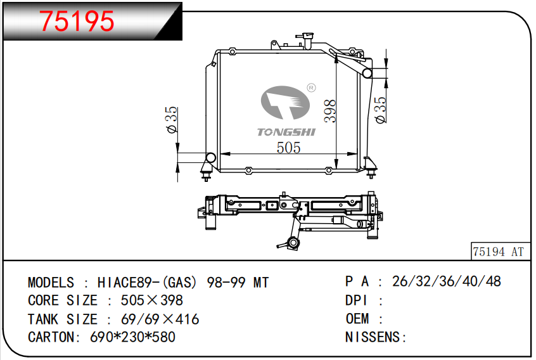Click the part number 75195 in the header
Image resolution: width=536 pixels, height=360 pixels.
click(77, 22)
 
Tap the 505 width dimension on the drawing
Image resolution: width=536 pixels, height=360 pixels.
click(288, 148)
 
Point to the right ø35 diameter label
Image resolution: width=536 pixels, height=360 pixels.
click(380, 110)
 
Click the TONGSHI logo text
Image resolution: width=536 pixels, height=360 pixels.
click(286, 131)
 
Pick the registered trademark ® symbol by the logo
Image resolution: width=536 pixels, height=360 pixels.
click(311, 87)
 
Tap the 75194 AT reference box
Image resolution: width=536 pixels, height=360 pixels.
click(499, 252)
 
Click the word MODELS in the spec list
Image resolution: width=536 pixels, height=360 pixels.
click(51, 283)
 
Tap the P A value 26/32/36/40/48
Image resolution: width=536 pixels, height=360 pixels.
click(447, 282)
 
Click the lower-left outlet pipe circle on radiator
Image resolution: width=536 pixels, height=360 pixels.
click(210, 157)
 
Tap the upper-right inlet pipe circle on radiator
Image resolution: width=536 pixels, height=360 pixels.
click(367, 74)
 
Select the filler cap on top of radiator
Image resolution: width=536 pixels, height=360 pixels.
click(307, 34)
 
